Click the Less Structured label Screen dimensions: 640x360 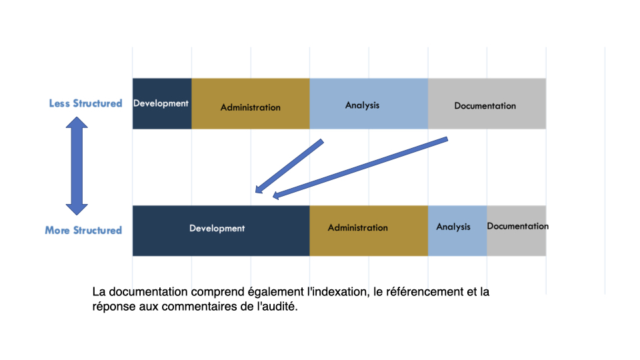[86, 103]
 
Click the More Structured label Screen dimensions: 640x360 [83, 230]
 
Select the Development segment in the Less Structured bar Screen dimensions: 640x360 [162, 104]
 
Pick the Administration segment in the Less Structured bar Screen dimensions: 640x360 [251, 104]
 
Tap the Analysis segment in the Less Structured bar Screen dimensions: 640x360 [369, 104]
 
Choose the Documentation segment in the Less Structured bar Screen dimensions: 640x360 [487, 104]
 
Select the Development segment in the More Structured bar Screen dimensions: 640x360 [221, 231]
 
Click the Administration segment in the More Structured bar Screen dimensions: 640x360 [369, 231]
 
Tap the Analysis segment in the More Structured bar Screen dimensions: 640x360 [457, 231]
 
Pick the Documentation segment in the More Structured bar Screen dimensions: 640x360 [516, 231]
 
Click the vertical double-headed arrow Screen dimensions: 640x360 [77, 166]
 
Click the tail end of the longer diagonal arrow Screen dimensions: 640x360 [447, 139]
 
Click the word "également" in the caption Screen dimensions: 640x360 [275, 292]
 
